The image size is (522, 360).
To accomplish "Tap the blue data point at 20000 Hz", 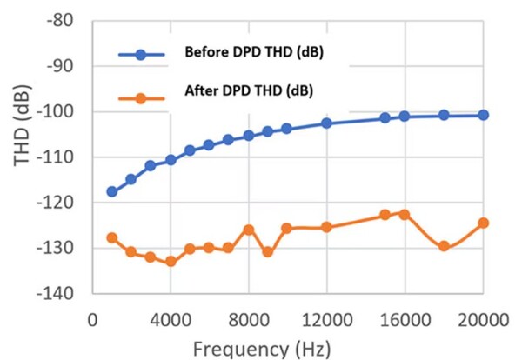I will pos(484,115).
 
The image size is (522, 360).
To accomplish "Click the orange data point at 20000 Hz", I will pos(484,223).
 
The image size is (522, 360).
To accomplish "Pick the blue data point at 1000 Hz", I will pos(112,191).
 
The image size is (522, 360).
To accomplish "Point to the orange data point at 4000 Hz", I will pos(171,261).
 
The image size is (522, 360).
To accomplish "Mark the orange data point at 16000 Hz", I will pos(405,213).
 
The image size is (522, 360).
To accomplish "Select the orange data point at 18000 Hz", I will pos(444,246).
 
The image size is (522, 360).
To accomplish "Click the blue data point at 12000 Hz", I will pos(326,123).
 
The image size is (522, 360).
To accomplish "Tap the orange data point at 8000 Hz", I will pos(249,230).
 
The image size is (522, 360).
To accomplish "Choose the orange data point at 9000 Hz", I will pos(268,252).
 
